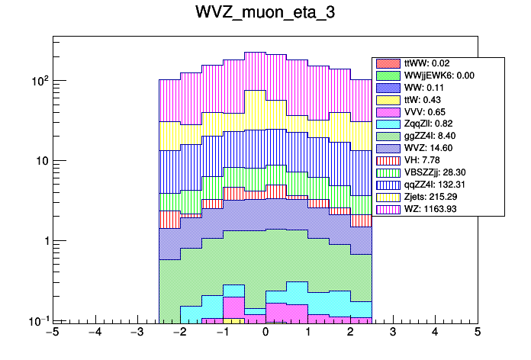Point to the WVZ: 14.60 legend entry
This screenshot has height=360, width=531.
pos(427,148)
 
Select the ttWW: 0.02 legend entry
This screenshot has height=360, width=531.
pos(426,63)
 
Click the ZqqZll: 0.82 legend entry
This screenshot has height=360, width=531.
pos(428,124)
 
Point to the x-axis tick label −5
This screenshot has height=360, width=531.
pos(52,333)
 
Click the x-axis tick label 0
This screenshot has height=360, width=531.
pos(265,333)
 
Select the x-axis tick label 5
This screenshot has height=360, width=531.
pos(478,333)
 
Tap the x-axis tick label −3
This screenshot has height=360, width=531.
pos(137,333)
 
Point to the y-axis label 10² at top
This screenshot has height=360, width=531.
pos(38,79)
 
